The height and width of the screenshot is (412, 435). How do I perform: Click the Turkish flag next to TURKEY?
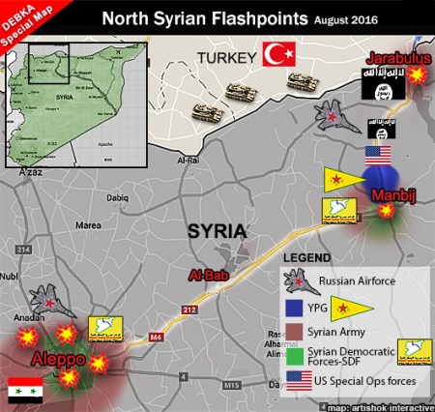point(278,55)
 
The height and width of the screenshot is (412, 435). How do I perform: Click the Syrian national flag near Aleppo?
point(25,389)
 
